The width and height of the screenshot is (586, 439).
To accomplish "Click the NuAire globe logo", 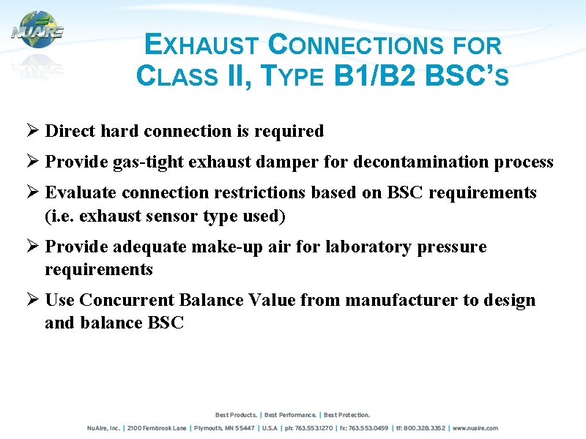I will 37,31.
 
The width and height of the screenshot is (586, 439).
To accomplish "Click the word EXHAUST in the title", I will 201,46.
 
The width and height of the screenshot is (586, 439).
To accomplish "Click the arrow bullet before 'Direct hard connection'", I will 31,131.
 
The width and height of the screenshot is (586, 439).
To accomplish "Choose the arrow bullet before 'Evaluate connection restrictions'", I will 31,193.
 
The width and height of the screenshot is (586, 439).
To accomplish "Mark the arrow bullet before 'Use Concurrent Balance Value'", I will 31,300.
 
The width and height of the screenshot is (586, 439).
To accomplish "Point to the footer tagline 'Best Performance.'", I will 292,415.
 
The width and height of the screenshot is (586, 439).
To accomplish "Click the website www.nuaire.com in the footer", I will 475,428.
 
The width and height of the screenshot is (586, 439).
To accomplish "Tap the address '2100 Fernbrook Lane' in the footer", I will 157,428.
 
